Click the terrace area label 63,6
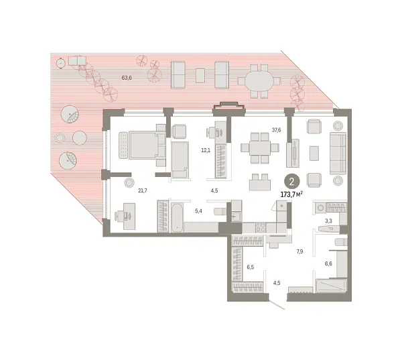coord(127,78)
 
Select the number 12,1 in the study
coord(206,150)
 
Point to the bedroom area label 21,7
coord(142,191)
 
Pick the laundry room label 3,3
coord(328,221)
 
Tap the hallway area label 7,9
coord(301,252)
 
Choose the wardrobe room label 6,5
coord(250,267)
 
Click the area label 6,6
coord(328,263)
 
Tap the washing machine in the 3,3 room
coord(320,208)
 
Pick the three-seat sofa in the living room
coord(338,152)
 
